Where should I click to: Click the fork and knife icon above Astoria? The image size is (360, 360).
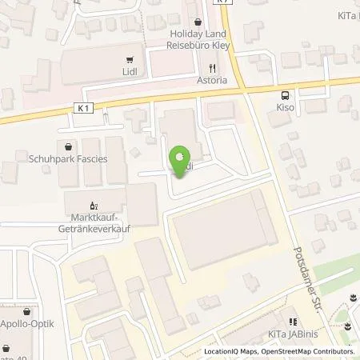coord(212,68)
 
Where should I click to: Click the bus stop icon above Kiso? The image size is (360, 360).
coord(277,91)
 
